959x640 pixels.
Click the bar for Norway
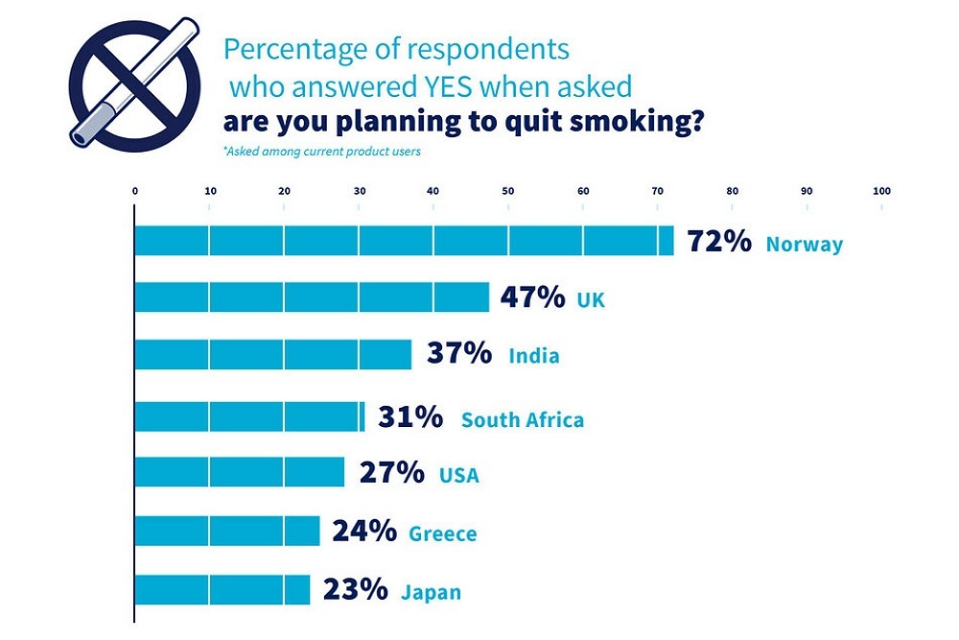pyautogui.click(x=403, y=240)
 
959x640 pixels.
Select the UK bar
pyautogui.click(x=312, y=298)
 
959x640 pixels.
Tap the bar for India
pyautogui.click(x=272, y=355)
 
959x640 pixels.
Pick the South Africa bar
pyautogui.click(x=249, y=417)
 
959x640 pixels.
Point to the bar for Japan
pyautogui.click(x=222, y=589)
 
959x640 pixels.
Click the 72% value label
pyautogui.click(x=719, y=242)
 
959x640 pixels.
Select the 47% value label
pyautogui.click(x=532, y=298)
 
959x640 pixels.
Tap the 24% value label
pyautogui.click(x=364, y=532)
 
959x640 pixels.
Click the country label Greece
pyautogui.click(x=442, y=533)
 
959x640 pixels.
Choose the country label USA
pyautogui.click(x=458, y=475)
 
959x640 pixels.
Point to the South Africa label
pyautogui.click(x=522, y=419)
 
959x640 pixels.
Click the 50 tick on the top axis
pyautogui.click(x=508, y=191)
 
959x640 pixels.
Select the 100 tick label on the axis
pyautogui.click(x=881, y=191)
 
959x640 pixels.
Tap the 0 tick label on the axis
pyautogui.click(x=135, y=191)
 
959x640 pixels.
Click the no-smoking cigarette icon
pyautogui.click(x=135, y=83)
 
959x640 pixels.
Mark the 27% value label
pyautogui.click(x=391, y=473)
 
